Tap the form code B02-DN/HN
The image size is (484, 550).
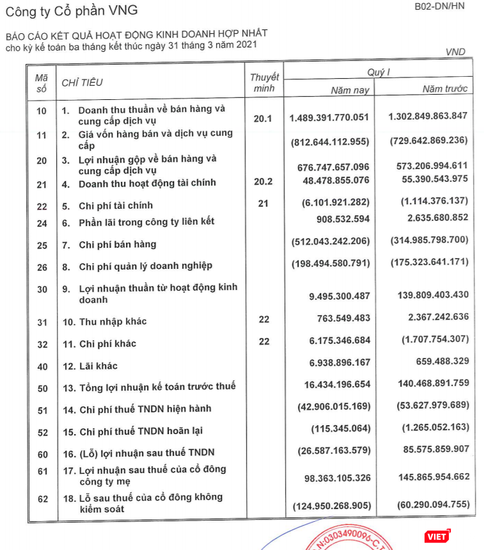point(441,8)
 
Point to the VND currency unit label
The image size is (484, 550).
point(455,52)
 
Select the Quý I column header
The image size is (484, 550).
point(377,72)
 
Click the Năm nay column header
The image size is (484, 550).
point(350,90)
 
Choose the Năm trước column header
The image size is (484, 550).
point(444,88)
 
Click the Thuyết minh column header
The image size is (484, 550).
point(264,83)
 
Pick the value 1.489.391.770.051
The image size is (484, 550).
point(329,118)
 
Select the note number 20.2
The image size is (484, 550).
point(263,181)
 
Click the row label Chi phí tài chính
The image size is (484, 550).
point(115,206)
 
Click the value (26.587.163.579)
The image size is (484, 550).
point(334,450)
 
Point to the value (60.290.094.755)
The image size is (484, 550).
point(429,506)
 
